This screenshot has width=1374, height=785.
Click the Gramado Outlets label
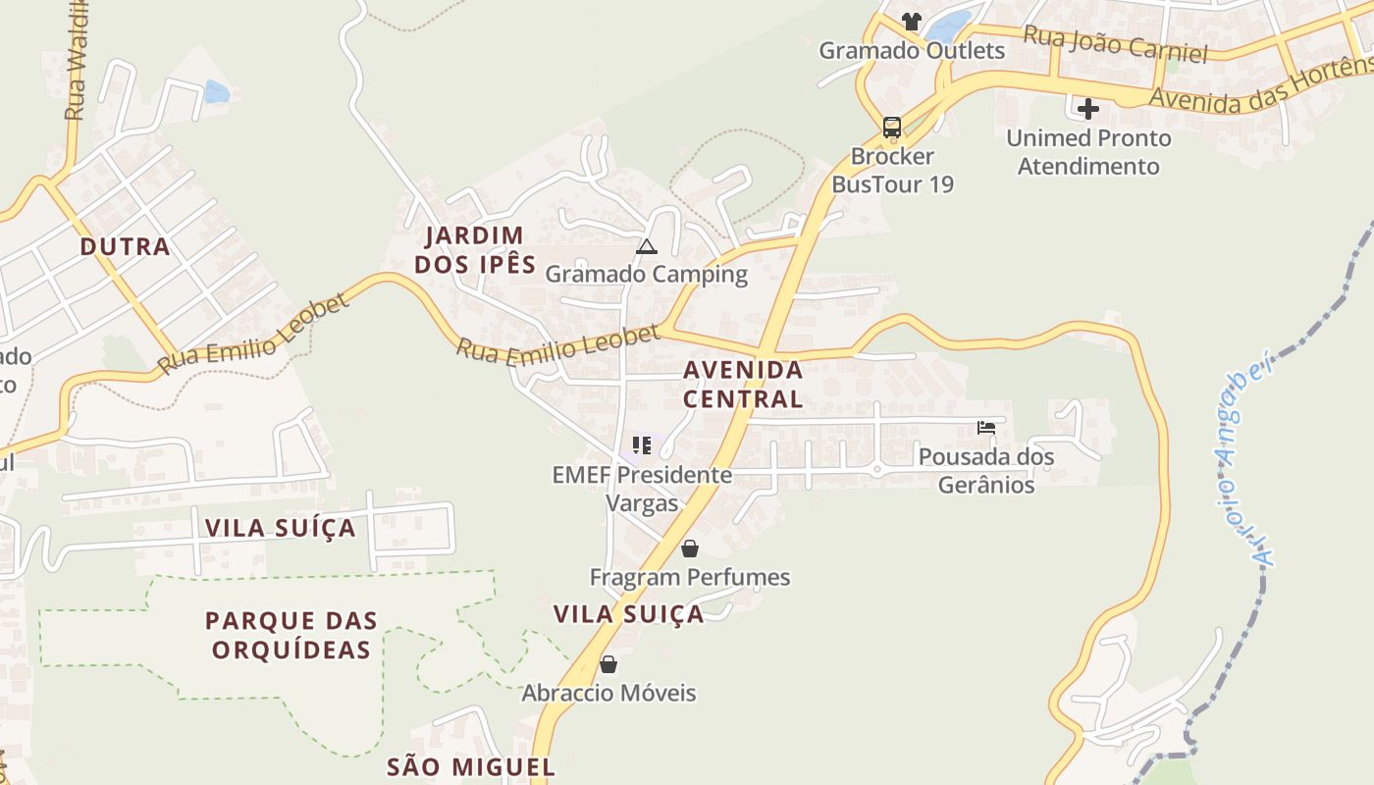912,50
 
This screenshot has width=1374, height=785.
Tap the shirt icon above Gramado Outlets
912,21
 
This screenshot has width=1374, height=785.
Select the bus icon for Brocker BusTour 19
891,127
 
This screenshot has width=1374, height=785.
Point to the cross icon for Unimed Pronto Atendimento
1088,108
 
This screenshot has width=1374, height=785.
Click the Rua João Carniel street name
1115,44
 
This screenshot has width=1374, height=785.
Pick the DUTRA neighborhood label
126,246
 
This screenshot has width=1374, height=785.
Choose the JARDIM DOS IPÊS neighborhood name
475,250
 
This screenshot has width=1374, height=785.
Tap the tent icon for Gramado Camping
646,246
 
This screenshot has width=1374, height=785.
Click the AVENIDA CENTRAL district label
743,385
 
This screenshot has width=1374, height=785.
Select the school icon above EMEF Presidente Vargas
642,445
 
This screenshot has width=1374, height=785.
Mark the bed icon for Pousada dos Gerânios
986,428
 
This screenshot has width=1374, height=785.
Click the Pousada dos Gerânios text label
986,470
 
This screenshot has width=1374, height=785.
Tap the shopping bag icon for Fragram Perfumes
690,549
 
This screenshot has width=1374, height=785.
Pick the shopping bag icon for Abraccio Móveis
608,664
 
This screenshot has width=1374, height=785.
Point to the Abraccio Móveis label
608,693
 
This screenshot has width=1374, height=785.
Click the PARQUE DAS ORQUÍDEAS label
291,635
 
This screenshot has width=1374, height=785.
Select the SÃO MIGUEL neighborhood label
471,766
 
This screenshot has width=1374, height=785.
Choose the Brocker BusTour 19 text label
892,170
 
